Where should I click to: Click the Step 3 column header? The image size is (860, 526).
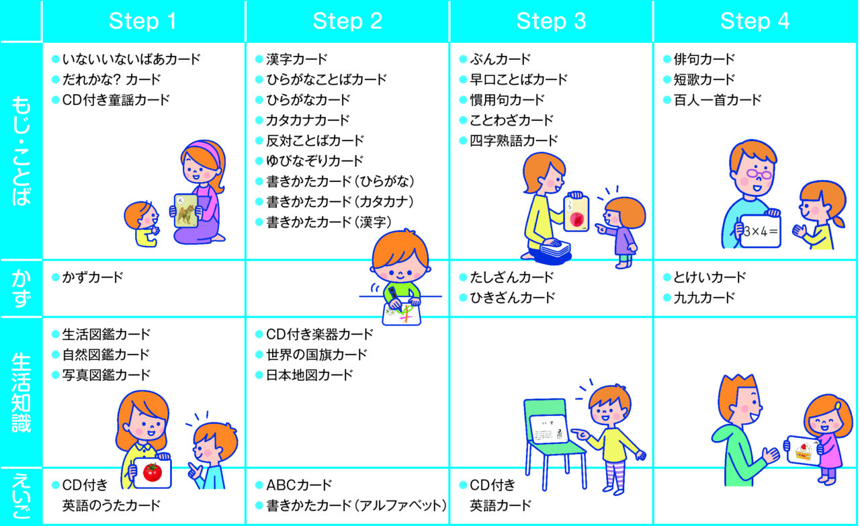[x=551, y=21]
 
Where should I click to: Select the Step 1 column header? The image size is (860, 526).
[x=143, y=21]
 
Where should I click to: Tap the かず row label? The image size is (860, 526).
[x=21, y=288]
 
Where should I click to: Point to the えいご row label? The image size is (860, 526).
[x=21, y=496]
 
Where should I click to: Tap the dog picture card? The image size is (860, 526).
[x=186, y=211]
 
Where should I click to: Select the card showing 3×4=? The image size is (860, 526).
[x=760, y=231]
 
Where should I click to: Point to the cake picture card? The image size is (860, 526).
[x=803, y=451]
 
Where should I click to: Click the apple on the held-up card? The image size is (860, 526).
[x=576, y=220]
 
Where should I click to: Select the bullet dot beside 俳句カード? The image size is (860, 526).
[x=667, y=59]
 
